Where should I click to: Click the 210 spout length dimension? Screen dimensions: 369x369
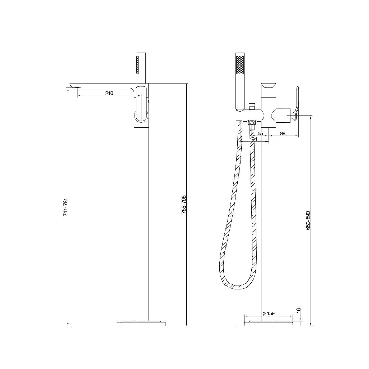(109, 93)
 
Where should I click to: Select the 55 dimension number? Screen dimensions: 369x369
(260, 133)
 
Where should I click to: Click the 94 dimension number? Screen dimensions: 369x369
(254, 139)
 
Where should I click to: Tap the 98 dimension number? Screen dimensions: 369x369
(283, 133)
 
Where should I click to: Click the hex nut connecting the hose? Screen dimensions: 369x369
(252, 122)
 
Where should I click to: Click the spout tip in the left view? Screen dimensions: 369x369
(73, 85)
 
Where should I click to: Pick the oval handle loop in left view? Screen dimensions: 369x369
(141, 104)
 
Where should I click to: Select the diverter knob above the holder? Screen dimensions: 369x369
(252, 106)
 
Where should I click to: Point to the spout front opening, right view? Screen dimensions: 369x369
(270, 85)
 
